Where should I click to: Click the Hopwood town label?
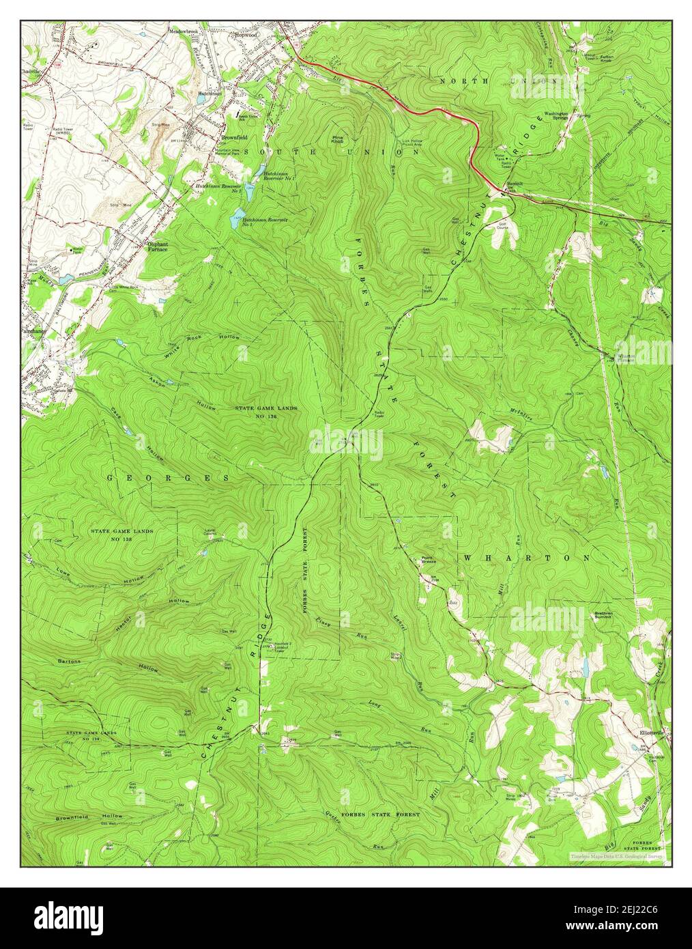246,34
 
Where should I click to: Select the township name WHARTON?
526,558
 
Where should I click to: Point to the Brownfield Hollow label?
89,817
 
